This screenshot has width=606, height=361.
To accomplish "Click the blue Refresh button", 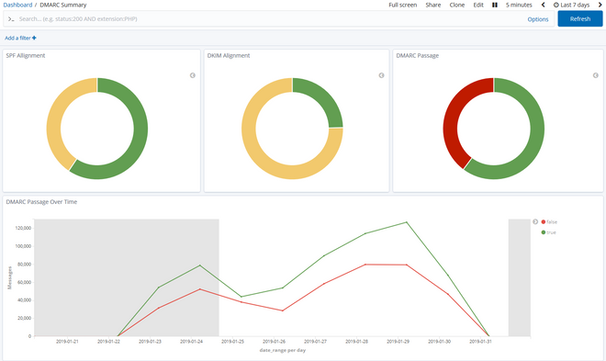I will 579,18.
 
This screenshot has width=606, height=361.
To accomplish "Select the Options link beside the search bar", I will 538,18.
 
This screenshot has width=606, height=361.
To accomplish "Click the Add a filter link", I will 20,39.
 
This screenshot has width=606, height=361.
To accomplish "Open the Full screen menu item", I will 402,5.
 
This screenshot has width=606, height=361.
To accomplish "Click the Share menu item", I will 432,5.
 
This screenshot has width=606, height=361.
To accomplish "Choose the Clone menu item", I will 456,5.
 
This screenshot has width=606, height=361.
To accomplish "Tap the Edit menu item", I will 478,5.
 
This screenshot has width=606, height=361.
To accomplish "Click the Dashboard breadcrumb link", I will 17,5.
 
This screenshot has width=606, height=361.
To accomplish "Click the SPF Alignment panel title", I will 26,55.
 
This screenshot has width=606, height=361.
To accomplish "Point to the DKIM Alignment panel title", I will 229,55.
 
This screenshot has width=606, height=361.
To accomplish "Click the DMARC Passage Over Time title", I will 41,201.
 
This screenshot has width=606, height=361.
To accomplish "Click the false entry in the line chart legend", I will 551,221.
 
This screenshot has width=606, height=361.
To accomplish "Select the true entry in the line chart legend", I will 551,232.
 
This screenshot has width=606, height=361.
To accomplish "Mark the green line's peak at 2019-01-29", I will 406,222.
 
